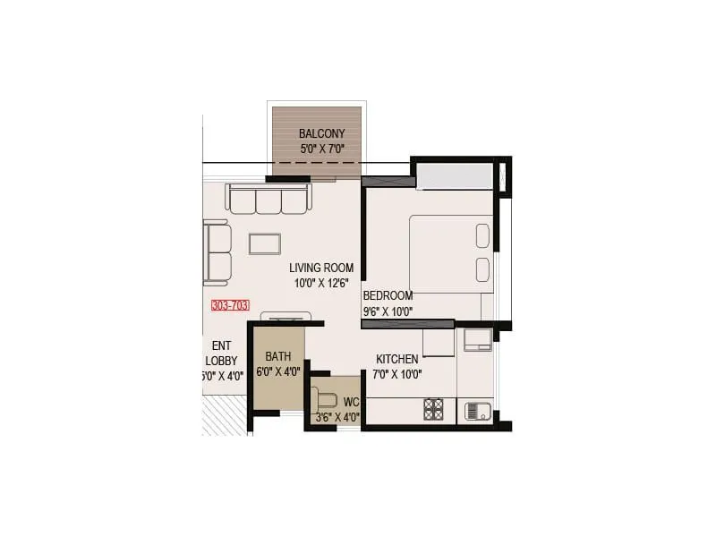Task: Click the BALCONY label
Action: (x=321, y=134)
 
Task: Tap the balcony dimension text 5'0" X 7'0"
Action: (x=321, y=149)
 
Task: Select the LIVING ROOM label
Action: (x=321, y=268)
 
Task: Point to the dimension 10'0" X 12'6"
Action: (x=321, y=283)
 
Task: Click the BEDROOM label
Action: (x=388, y=296)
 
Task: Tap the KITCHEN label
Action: (x=396, y=359)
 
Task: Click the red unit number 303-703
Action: (x=230, y=305)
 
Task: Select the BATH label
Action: (x=278, y=356)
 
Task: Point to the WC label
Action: (x=351, y=402)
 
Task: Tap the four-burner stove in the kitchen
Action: (x=434, y=410)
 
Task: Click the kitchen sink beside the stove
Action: (x=474, y=412)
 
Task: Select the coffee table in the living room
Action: (x=265, y=243)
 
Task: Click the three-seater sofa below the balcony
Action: (x=268, y=200)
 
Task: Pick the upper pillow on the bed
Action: (x=482, y=234)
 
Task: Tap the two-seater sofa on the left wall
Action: (x=217, y=251)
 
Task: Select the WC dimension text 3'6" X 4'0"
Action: (x=337, y=417)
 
